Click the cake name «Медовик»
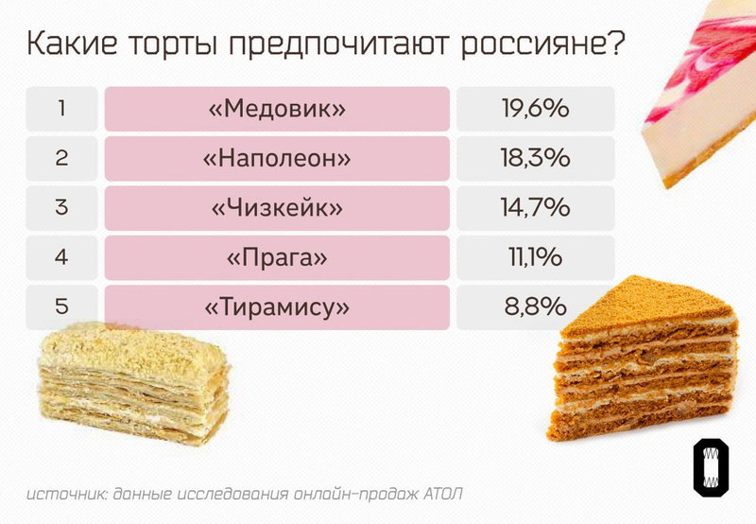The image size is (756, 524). pyautogui.click(x=276, y=109)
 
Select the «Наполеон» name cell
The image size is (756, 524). pyautogui.click(x=276, y=158)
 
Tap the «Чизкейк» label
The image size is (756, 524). pyautogui.click(x=276, y=207)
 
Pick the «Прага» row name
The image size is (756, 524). pyautogui.click(x=276, y=256)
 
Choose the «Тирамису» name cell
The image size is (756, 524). pyautogui.click(x=276, y=306)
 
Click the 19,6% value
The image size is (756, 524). pyautogui.click(x=535, y=109)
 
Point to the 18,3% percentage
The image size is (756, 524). pyautogui.click(x=535, y=158)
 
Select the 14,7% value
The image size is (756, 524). pyautogui.click(x=535, y=207)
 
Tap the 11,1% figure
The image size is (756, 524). pyautogui.click(x=535, y=256)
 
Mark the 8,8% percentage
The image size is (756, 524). pyautogui.click(x=535, y=306)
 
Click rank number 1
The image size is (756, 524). pyautogui.click(x=61, y=109)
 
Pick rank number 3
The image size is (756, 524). pyautogui.click(x=61, y=207)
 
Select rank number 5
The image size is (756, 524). pyautogui.click(x=61, y=306)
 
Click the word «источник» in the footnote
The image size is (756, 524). pyautogui.click(x=64, y=495)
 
